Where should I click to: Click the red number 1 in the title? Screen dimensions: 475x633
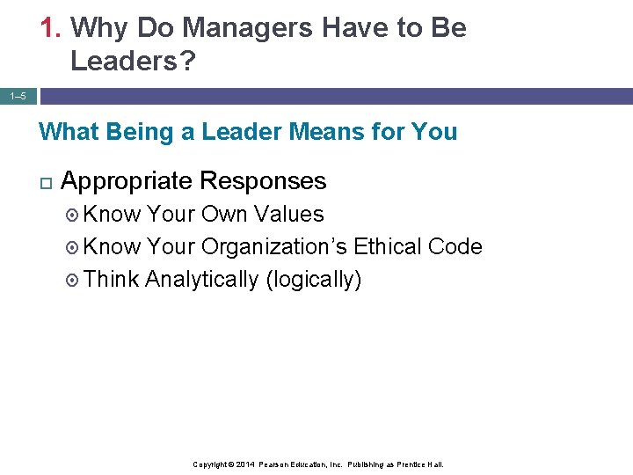pyautogui.click(x=48, y=28)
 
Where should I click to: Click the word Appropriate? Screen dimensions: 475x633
pyautogui.click(x=127, y=182)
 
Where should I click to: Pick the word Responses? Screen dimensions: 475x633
pyautogui.click(x=263, y=182)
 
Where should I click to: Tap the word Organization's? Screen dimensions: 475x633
pyautogui.click(x=274, y=247)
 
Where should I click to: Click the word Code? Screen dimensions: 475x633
pyautogui.click(x=455, y=246)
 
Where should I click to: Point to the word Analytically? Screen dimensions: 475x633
pyautogui.click(x=201, y=280)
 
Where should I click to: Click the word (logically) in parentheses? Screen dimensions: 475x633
pyautogui.click(x=313, y=280)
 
